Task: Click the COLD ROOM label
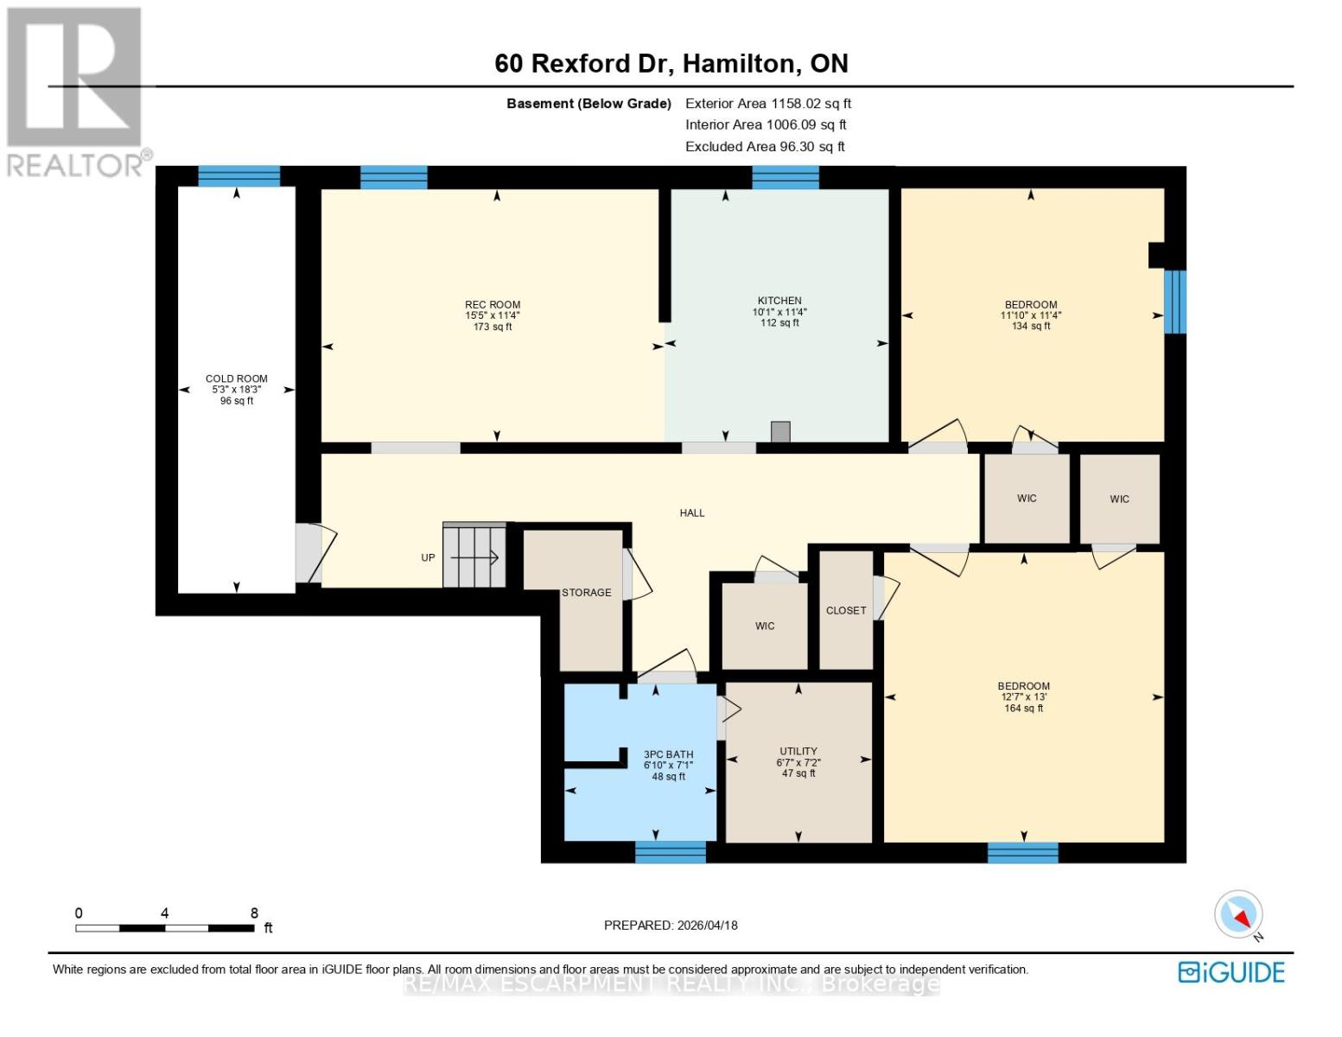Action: click(236, 379)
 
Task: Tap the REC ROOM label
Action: click(493, 304)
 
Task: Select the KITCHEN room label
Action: click(779, 301)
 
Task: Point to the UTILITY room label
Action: click(798, 751)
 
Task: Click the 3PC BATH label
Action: click(668, 754)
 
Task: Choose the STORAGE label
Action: click(586, 593)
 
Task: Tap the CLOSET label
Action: click(845, 610)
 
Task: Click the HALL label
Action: click(691, 512)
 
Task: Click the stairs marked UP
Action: click(474, 556)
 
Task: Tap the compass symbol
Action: click(1239, 914)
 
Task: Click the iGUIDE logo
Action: click(1231, 972)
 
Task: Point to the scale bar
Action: click(164, 928)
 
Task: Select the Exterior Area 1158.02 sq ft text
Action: click(767, 103)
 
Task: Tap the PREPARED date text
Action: click(671, 925)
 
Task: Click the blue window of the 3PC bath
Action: click(670, 852)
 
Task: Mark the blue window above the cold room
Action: click(239, 176)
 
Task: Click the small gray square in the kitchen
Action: click(780, 432)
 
